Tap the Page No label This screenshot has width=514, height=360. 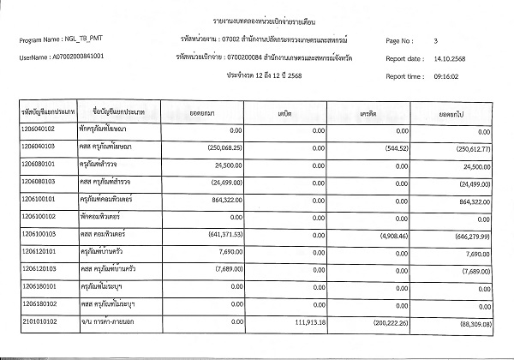[x=402, y=40]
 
